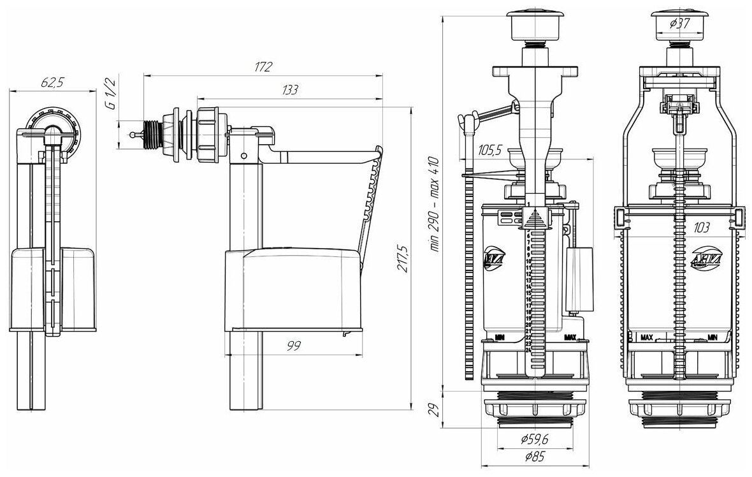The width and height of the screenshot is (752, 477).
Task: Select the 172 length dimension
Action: [263, 66]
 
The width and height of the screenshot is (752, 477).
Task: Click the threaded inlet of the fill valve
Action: [152, 135]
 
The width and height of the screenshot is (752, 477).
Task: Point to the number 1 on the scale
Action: [528, 203]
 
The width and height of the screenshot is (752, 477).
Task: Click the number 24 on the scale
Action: [528, 349]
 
